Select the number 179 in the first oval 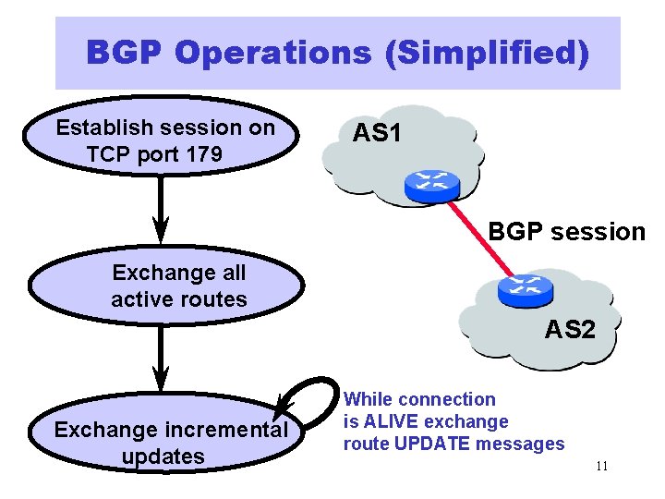(203, 153)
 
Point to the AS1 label (377, 133)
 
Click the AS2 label (570, 328)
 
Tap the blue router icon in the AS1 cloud (431, 186)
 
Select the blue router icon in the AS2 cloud (525, 291)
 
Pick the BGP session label (566, 231)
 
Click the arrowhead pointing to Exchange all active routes (161, 226)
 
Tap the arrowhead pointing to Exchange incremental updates (161, 379)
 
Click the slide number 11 (601, 466)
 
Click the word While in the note (368, 399)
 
